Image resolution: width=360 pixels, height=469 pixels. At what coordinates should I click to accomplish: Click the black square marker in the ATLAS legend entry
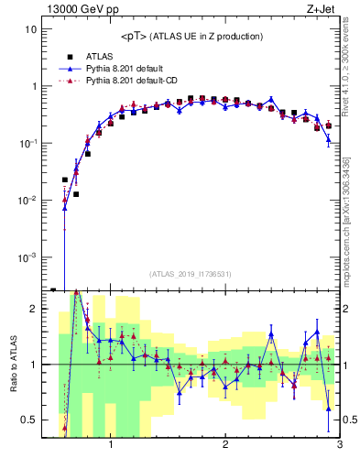click(68, 56)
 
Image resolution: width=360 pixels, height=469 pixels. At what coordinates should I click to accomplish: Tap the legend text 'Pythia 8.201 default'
click(125, 69)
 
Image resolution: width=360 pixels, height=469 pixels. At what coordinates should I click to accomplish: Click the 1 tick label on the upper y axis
click(34, 86)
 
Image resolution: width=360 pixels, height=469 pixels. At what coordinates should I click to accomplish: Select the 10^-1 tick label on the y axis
click(29, 143)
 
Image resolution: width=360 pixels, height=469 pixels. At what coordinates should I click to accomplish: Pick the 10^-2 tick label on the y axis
click(29, 200)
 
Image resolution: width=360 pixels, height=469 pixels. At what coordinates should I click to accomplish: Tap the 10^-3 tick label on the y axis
click(29, 256)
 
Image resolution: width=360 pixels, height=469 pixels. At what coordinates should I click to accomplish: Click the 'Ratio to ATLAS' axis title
click(12, 365)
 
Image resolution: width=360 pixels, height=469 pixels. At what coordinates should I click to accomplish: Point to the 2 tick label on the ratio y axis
click(34, 309)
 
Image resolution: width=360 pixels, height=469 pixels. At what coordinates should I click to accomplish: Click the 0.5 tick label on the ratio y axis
click(30, 420)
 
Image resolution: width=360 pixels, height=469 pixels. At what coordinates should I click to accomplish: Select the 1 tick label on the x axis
click(111, 447)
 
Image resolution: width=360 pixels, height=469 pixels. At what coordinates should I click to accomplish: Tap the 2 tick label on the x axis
click(225, 447)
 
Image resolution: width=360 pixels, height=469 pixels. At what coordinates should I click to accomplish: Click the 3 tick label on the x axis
click(339, 447)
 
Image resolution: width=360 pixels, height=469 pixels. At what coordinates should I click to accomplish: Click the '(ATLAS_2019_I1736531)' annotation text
click(191, 274)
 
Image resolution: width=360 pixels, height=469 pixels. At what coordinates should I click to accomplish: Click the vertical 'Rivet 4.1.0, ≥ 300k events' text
click(351, 73)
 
